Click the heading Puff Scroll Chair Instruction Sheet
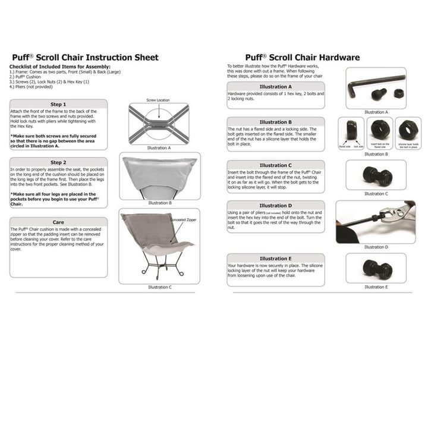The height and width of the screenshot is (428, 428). point(85,58)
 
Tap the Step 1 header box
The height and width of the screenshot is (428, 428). point(58,104)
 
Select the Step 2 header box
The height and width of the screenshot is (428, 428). point(58,162)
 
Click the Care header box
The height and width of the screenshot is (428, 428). point(58,222)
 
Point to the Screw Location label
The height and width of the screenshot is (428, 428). point(159,100)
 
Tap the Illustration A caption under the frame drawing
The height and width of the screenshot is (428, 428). point(159,147)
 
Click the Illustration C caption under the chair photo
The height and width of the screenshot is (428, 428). point(159,287)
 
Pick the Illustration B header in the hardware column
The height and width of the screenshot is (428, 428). point(276,122)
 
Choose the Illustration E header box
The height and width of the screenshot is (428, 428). point(276,259)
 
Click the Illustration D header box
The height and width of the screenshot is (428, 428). point(276,206)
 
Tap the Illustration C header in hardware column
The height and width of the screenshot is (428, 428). point(276,165)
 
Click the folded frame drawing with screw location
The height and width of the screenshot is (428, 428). point(159,123)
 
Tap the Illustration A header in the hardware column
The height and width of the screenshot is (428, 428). point(276,87)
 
